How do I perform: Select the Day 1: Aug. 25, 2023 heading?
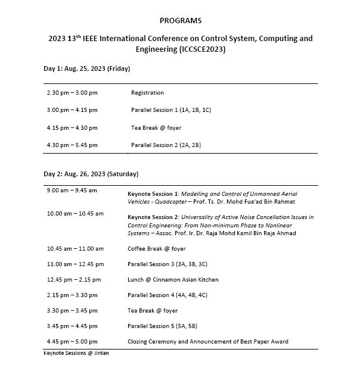point(87,68)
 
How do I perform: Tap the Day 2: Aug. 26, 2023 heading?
point(91,174)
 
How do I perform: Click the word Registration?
point(147,93)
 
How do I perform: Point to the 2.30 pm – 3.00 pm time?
point(72,93)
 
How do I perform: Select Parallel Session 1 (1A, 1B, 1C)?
point(171,110)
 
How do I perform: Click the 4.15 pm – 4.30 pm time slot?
point(72,127)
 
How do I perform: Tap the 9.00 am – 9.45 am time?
point(72,190)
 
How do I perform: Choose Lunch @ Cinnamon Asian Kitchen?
point(173,279)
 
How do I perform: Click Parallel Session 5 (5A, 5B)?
point(167,326)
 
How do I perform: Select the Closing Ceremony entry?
point(207,341)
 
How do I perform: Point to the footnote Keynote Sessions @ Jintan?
point(76,353)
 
